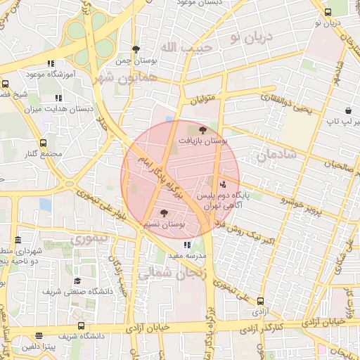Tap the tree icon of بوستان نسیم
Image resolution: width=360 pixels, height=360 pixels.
[x=165, y=213]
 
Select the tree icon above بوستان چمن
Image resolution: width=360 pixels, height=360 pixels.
[x=136, y=49]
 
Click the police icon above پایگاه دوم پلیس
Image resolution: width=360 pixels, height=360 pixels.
[x=223, y=185]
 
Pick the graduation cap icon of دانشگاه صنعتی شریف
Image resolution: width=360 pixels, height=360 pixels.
[x=77, y=281]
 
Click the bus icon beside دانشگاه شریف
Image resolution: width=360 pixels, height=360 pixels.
[x=82, y=326]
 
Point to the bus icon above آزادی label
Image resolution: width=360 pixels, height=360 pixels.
[x=260, y=301]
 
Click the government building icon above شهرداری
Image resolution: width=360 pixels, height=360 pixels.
[x=18, y=240]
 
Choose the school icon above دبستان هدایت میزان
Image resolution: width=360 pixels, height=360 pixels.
[x=59, y=98]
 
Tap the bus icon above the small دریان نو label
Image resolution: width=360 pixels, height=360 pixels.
[x=328, y=12]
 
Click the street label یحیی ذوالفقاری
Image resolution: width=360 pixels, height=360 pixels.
[x=288, y=104]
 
